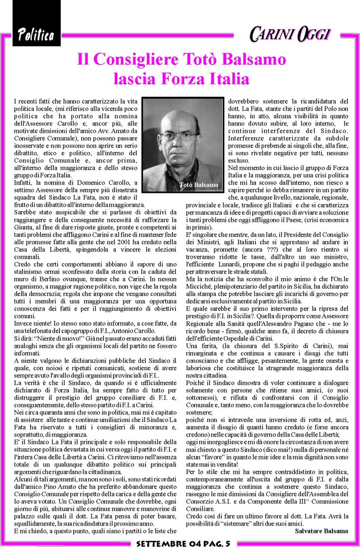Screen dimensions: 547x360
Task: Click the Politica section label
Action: (36, 35)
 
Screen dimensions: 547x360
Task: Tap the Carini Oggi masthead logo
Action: (290, 34)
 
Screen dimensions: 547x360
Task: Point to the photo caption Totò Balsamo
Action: (199, 185)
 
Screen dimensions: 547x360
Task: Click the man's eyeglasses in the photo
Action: (179, 136)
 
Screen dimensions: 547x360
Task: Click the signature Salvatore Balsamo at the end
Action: (321, 531)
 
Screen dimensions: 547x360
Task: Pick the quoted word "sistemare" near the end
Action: (251, 524)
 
